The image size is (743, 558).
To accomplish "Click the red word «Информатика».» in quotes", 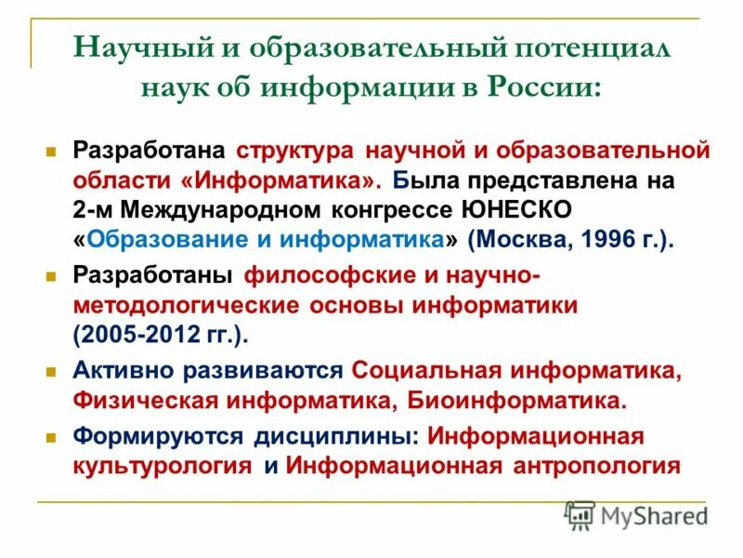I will [x=303, y=179].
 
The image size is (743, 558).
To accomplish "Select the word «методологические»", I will [x=186, y=306].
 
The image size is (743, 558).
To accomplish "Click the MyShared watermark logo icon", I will [x=580, y=514].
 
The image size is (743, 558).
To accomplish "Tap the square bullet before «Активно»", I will [x=53, y=371].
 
